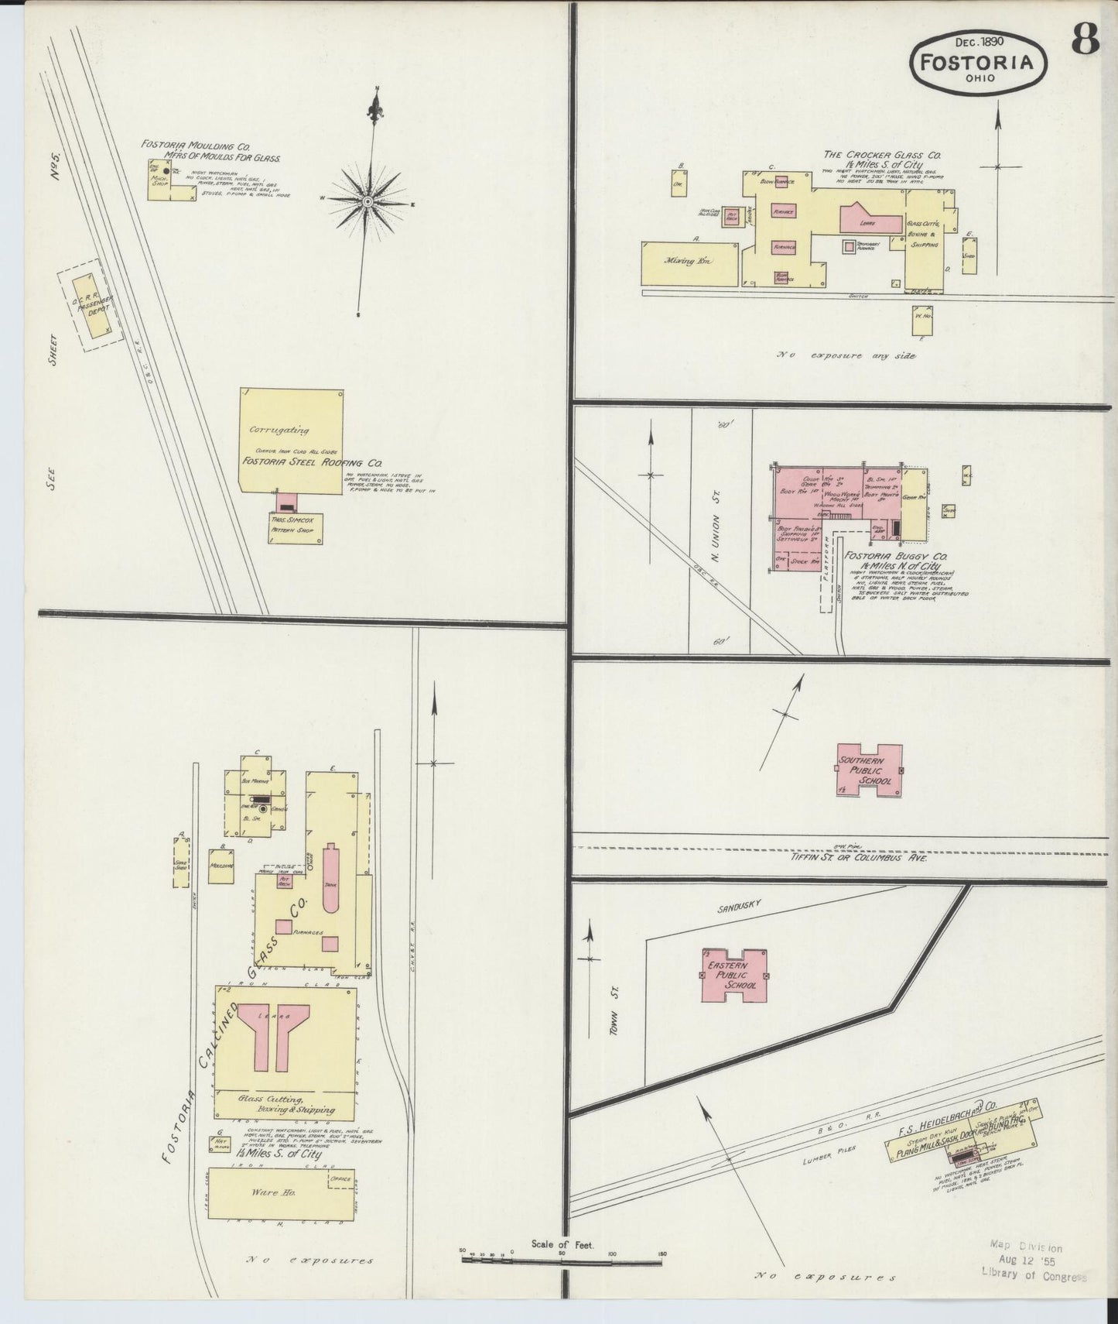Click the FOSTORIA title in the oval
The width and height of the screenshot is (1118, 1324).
[x=979, y=61]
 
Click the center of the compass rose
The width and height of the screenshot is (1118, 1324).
[x=368, y=201]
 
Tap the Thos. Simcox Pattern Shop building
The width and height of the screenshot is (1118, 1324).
[x=295, y=527]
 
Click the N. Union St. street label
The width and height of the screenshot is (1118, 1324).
[x=716, y=534]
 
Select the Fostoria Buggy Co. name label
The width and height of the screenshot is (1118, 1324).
[x=896, y=556]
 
